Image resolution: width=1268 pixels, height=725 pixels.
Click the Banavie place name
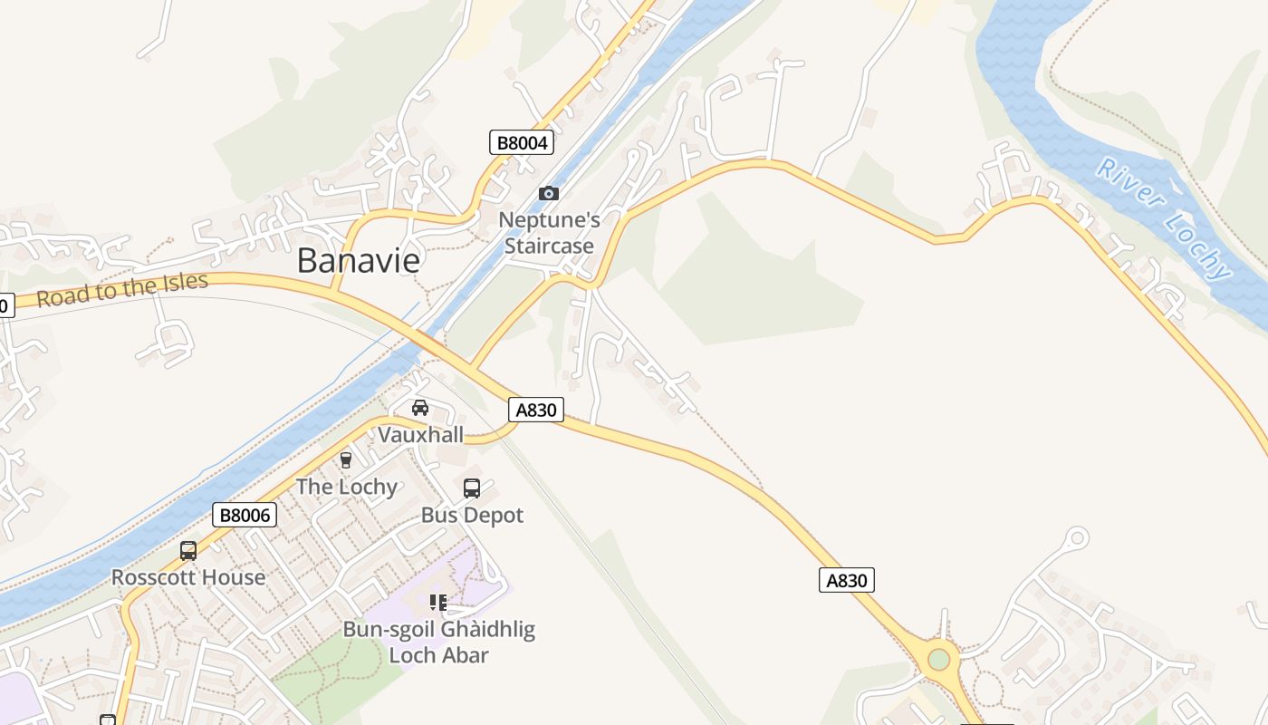359,261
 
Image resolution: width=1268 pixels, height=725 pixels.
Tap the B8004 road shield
522,142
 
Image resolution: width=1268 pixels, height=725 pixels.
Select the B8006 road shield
244,516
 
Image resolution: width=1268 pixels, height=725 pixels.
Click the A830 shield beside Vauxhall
535,410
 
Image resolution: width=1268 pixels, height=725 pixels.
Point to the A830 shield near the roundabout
847,580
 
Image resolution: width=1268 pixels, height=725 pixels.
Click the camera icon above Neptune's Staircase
548,193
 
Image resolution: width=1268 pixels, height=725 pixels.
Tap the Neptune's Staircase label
549,233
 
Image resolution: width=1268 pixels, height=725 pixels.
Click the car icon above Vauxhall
420,408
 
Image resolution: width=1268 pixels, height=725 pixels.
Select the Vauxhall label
420,435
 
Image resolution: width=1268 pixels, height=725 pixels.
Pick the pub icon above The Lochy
345,460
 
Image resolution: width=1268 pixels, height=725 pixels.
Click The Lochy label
347,488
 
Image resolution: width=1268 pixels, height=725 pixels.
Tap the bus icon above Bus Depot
472,488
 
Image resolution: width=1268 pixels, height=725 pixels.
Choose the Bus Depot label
472,516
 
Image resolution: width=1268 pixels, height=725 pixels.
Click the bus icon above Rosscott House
188,550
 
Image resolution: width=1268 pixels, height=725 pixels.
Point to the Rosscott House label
188,577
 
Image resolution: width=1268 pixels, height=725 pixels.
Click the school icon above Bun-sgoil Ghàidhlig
438,603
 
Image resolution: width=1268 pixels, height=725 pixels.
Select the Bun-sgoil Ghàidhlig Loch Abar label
439,642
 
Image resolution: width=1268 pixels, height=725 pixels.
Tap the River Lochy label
1164,218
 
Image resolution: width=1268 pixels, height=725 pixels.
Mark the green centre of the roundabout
939,659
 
